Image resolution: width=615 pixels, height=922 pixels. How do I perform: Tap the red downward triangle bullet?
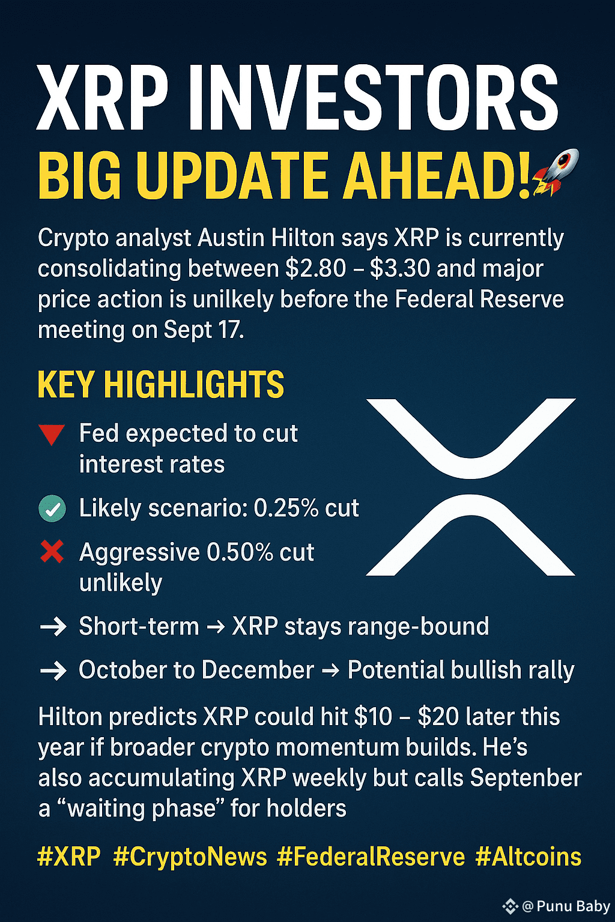pos(52,435)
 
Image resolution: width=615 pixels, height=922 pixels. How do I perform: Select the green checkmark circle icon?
pos(52,509)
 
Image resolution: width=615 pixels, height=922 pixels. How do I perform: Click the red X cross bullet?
pos(52,552)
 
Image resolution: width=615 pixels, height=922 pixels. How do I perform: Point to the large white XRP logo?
pos(470,487)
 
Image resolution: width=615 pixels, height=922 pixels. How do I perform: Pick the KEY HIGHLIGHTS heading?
pos(160,384)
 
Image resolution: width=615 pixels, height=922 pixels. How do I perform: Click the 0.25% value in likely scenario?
pos(286,508)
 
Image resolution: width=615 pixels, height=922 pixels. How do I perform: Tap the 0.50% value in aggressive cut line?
pos(240,552)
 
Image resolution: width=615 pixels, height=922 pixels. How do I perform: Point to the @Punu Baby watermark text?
pos(566,906)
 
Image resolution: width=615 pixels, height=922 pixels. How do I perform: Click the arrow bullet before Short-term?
pos(53,627)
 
